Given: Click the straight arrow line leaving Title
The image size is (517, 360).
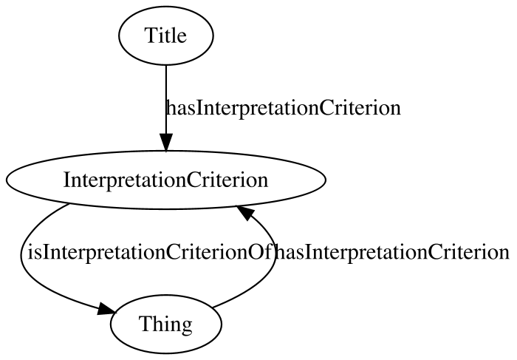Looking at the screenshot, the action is coord(166,100).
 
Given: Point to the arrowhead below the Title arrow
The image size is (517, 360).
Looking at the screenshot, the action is coord(166,143).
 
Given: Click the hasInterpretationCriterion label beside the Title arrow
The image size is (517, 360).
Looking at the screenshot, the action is coord(284,108).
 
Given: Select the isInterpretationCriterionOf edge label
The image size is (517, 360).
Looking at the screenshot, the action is coord(150,252).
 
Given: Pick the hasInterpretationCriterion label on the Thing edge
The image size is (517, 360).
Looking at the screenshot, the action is coord(392,252).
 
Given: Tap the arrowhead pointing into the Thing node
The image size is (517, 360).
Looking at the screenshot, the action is coord(106,309).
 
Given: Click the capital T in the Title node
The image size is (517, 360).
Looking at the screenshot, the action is coord(151,35).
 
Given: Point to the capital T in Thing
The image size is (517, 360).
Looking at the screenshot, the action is coord(145,324).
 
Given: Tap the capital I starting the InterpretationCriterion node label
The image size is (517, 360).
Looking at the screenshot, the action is coord(66,180).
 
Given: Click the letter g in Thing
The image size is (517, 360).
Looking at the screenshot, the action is coord(186,327).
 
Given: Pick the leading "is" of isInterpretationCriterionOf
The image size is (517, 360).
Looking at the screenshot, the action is coord(34,252).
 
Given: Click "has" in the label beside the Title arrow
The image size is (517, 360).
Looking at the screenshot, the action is coord(179,108).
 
